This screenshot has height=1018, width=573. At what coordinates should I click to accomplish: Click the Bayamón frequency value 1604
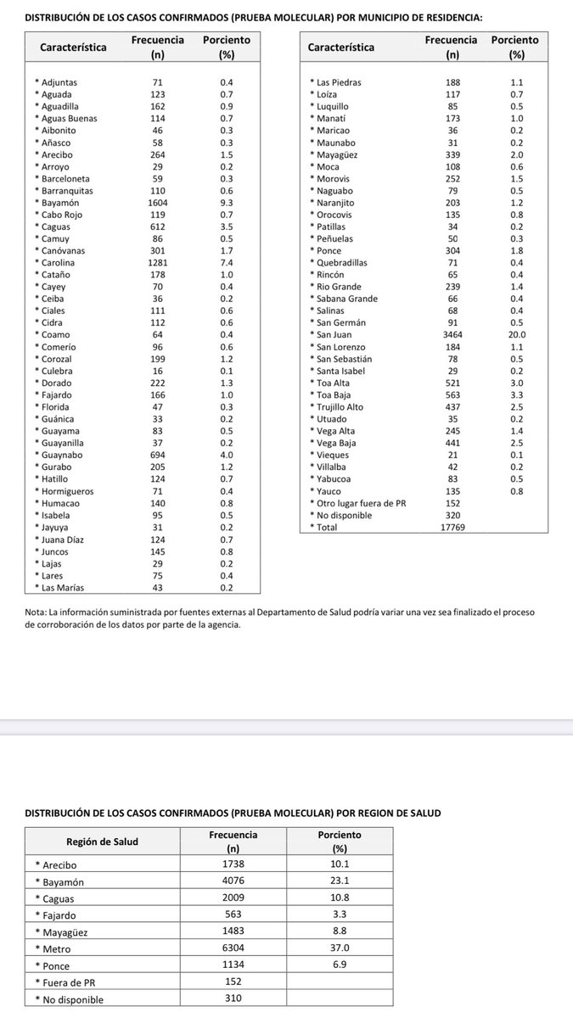click(156, 203)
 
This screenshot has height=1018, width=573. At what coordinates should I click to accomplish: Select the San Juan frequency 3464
click(451, 334)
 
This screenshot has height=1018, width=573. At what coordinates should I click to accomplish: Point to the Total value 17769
click(451, 527)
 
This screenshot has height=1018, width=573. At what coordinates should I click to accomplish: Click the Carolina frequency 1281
click(156, 262)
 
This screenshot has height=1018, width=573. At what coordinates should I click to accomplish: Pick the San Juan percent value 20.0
click(517, 334)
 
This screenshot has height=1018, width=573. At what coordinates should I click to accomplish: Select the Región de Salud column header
click(102, 842)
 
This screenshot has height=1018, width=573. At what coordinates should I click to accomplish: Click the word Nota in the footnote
click(36, 612)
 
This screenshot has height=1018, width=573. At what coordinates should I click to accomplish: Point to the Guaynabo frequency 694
click(156, 455)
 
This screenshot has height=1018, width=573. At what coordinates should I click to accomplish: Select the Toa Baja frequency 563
click(451, 394)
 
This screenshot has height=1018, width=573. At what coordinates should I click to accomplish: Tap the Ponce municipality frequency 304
click(451, 250)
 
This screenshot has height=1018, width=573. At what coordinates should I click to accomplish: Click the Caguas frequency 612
click(156, 227)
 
